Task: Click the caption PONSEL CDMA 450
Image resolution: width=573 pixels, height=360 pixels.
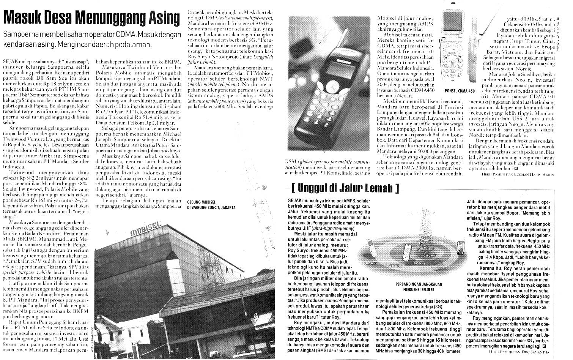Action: click(459, 91)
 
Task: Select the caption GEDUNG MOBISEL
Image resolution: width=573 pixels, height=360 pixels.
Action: click(205, 202)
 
